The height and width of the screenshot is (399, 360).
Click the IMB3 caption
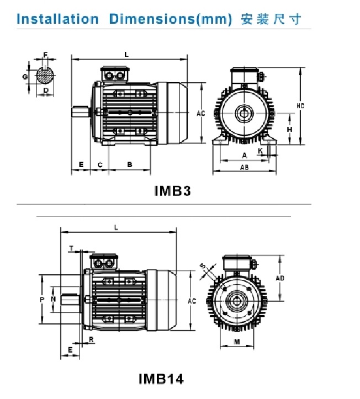pos(172,191)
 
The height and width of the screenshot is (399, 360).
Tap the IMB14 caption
pos(161,379)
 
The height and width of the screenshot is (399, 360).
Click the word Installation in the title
pos(57,19)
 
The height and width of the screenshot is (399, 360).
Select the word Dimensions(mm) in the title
pos(171,19)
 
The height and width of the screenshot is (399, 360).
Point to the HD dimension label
pos(301,106)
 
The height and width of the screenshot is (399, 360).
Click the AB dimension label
pos(245,167)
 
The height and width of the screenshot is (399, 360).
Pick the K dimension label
pos(260,151)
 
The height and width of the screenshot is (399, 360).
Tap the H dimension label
pos(290,130)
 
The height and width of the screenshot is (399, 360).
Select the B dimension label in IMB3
pos(130,164)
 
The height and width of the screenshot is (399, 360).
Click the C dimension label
pos(100,165)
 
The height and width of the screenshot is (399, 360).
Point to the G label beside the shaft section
pos(25,77)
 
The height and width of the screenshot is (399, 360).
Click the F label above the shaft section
pos(45,55)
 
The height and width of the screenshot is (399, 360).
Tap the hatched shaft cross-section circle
pos(45,76)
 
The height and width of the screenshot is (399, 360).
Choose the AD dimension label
pos(280,278)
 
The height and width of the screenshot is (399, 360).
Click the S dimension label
pos(203,267)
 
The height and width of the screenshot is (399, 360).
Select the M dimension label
pos(237,342)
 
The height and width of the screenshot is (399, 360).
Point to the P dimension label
pos(42,300)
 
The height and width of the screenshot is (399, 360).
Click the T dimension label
pos(72,248)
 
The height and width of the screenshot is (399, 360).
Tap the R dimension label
pos(91,339)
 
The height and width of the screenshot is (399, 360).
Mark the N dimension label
pos(53,299)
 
